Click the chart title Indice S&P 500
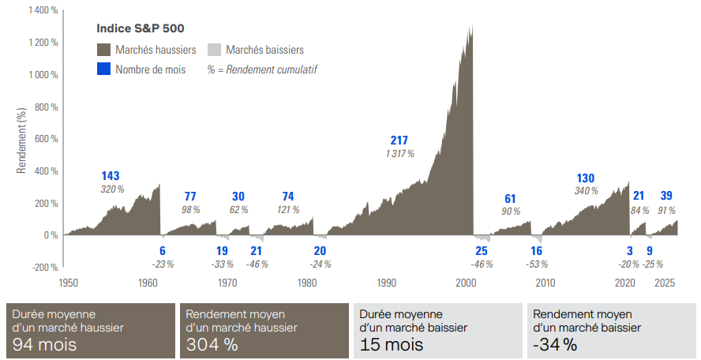click(141, 28)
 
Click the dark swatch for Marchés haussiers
click(104, 50)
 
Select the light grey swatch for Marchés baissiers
click(215, 50)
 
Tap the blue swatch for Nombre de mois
click(104, 69)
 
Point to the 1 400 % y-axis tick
click(42, 11)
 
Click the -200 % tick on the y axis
click(43, 267)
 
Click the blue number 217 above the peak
click(399, 141)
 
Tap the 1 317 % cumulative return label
click(399, 154)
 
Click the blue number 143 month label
click(111, 175)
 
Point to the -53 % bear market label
click(537, 264)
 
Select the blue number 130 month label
click(586, 178)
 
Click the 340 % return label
click(586, 191)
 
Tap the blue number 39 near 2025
click(666, 196)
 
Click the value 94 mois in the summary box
click(45, 344)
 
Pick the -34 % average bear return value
click(554, 344)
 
